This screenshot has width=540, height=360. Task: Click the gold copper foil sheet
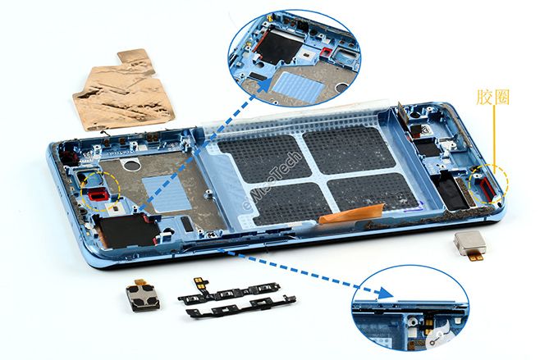pos(124,91)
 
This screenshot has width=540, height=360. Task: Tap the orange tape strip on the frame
pos(350,213)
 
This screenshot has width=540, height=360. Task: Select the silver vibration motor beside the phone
pos(470,244)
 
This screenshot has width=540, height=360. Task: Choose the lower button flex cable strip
pos(241,307)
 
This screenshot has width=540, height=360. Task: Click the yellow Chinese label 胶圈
pos(493,97)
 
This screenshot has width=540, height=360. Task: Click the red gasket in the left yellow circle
pos(98,195)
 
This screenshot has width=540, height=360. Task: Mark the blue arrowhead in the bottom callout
pos(385,294)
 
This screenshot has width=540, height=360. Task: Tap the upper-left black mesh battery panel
pos(264,158)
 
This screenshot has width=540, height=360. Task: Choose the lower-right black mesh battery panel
pos(373,192)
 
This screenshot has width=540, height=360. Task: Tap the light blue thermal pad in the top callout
pos(298,86)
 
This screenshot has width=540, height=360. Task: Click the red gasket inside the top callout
pos(326,52)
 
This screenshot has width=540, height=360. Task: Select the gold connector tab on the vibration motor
pos(475,257)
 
